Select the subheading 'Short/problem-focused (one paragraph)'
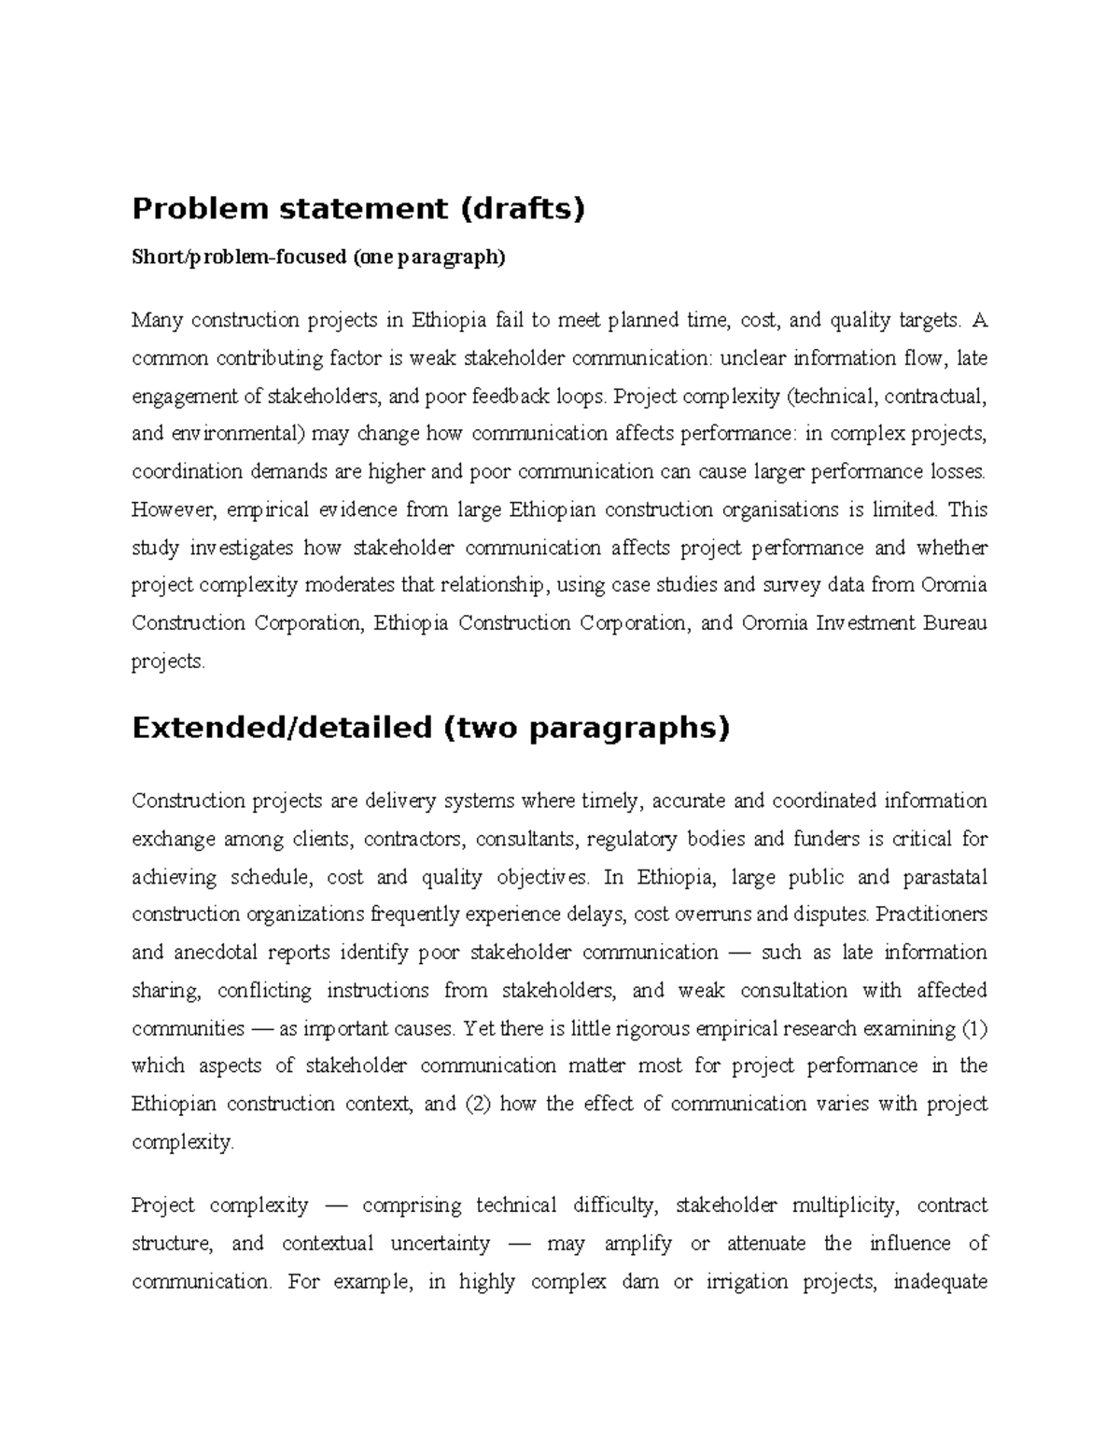click(318, 258)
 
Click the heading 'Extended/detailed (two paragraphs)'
click(430, 727)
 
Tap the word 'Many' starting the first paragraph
click(157, 321)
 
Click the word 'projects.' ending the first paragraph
click(167, 662)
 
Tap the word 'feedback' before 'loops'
click(512, 397)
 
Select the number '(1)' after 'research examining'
click(973, 1028)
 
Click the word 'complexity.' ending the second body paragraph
click(183, 1142)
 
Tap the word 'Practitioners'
click(931, 914)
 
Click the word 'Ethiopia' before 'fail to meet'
click(449, 321)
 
